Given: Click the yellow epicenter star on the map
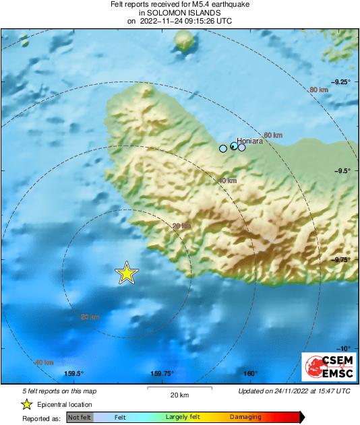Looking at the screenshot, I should coord(126,273).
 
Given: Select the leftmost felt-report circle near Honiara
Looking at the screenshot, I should coord(223,149).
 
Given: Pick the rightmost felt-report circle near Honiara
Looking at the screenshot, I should coord(242,147).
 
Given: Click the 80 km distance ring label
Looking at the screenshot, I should coord(318,90).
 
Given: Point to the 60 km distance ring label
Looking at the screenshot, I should coord(272,135).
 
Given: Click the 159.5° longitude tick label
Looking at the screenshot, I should coord(73,374).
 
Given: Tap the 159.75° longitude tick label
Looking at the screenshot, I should coord(162,374).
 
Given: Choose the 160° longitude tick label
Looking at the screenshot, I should coord(251,374).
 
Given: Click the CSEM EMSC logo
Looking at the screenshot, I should coord(325,367).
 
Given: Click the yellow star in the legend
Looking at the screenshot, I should coord(26,404).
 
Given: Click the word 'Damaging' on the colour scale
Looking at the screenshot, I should coord(245,418).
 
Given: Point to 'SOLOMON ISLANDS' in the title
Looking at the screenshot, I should coord(179,13).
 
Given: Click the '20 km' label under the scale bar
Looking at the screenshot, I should coord(179,395).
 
